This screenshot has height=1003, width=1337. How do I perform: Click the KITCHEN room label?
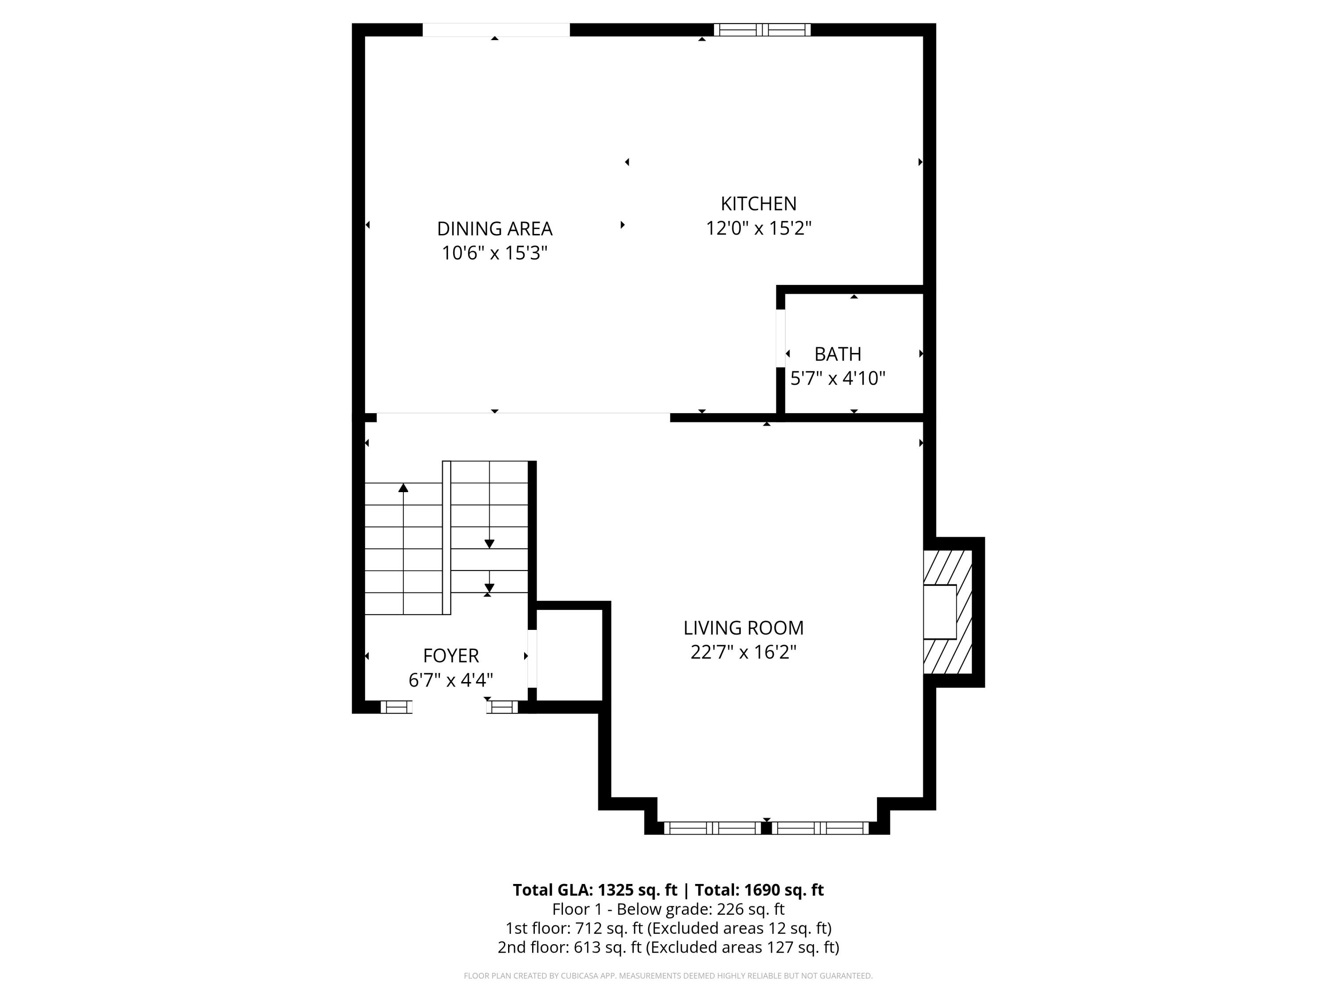coord(758,203)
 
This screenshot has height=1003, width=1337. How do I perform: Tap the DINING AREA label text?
coord(494,229)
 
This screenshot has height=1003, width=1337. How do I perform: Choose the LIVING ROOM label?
coord(743,628)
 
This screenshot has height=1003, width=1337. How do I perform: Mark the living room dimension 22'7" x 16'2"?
coord(743,652)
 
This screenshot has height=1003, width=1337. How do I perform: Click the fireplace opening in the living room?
coord(939,612)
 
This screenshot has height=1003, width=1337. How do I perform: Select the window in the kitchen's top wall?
coord(762,29)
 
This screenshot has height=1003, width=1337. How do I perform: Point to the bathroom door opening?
coord(780,338)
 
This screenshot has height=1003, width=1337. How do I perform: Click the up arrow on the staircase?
coord(403,488)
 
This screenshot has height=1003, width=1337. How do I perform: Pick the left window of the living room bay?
coord(712,828)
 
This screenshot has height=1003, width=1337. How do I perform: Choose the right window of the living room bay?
coord(820,828)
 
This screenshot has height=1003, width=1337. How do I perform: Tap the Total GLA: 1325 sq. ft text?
coord(595,890)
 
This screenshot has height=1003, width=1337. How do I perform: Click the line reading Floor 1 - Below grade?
coord(668,909)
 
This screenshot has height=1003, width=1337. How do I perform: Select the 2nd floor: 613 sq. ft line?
coord(668,947)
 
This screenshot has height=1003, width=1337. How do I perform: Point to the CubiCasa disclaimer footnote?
coord(668,976)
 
